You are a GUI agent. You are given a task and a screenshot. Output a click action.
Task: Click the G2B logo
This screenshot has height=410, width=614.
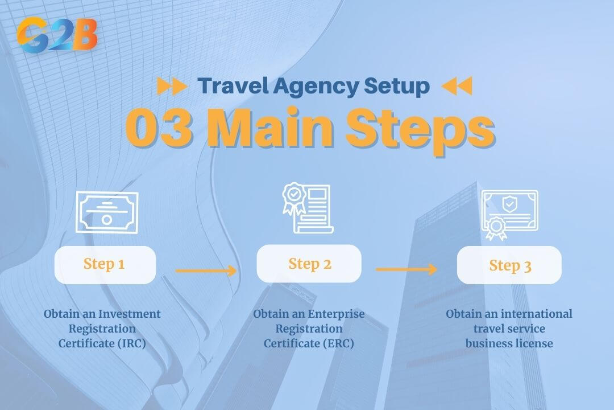click(57, 34)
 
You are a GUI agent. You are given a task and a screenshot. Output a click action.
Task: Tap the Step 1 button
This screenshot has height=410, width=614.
click(105, 264)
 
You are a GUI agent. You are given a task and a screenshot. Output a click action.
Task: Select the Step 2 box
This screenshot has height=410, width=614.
click(309, 264)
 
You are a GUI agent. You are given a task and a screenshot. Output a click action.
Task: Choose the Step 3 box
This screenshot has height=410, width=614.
click(509, 265)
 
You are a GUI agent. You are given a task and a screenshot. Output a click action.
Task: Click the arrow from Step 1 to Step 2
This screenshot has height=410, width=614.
click(206, 270)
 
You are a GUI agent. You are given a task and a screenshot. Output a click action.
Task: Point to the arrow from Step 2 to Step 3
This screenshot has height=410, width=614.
click(406, 269)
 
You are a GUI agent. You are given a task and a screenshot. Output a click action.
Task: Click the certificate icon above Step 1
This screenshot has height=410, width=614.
click(107, 212)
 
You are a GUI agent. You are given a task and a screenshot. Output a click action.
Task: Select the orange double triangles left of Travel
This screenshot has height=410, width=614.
click(172, 87)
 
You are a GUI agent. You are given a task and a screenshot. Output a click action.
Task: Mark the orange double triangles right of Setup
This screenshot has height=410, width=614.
click(457, 87)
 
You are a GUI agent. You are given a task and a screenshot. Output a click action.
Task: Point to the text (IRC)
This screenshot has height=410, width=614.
click(131, 343)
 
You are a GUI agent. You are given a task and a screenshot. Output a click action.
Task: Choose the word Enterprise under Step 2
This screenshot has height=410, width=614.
click(335, 314)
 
